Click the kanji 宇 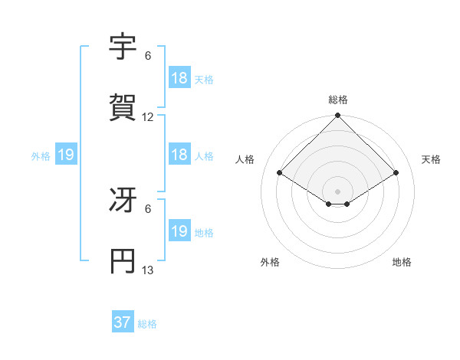pyautogui.click(x=122, y=47)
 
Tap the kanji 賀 pyautogui.click(x=122, y=108)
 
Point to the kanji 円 pyautogui.click(x=122, y=261)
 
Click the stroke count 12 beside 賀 pyautogui.click(x=148, y=117)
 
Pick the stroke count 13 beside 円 pyautogui.click(x=148, y=270)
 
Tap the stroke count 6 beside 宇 pyautogui.click(x=148, y=56)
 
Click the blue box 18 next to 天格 pyautogui.click(x=179, y=78)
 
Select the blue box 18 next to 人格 pyautogui.click(x=179, y=155)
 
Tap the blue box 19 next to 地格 pyautogui.click(x=179, y=231)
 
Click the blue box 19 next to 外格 pyautogui.click(x=66, y=155)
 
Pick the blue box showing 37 pyautogui.click(x=123, y=322)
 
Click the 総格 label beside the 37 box pyautogui.click(x=147, y=324)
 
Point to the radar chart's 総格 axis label pyautogui.click(x=338, y=100)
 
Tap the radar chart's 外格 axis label pyautogui.click(x=270, y=262)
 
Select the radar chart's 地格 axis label pyautogui.click(x=402, y=262)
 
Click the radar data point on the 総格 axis pyautogui.click(x=338, y=116)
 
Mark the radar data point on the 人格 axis pyautogui.click(x=280, y=172)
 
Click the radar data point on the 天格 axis pyautogui.click(x=396, y=172)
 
